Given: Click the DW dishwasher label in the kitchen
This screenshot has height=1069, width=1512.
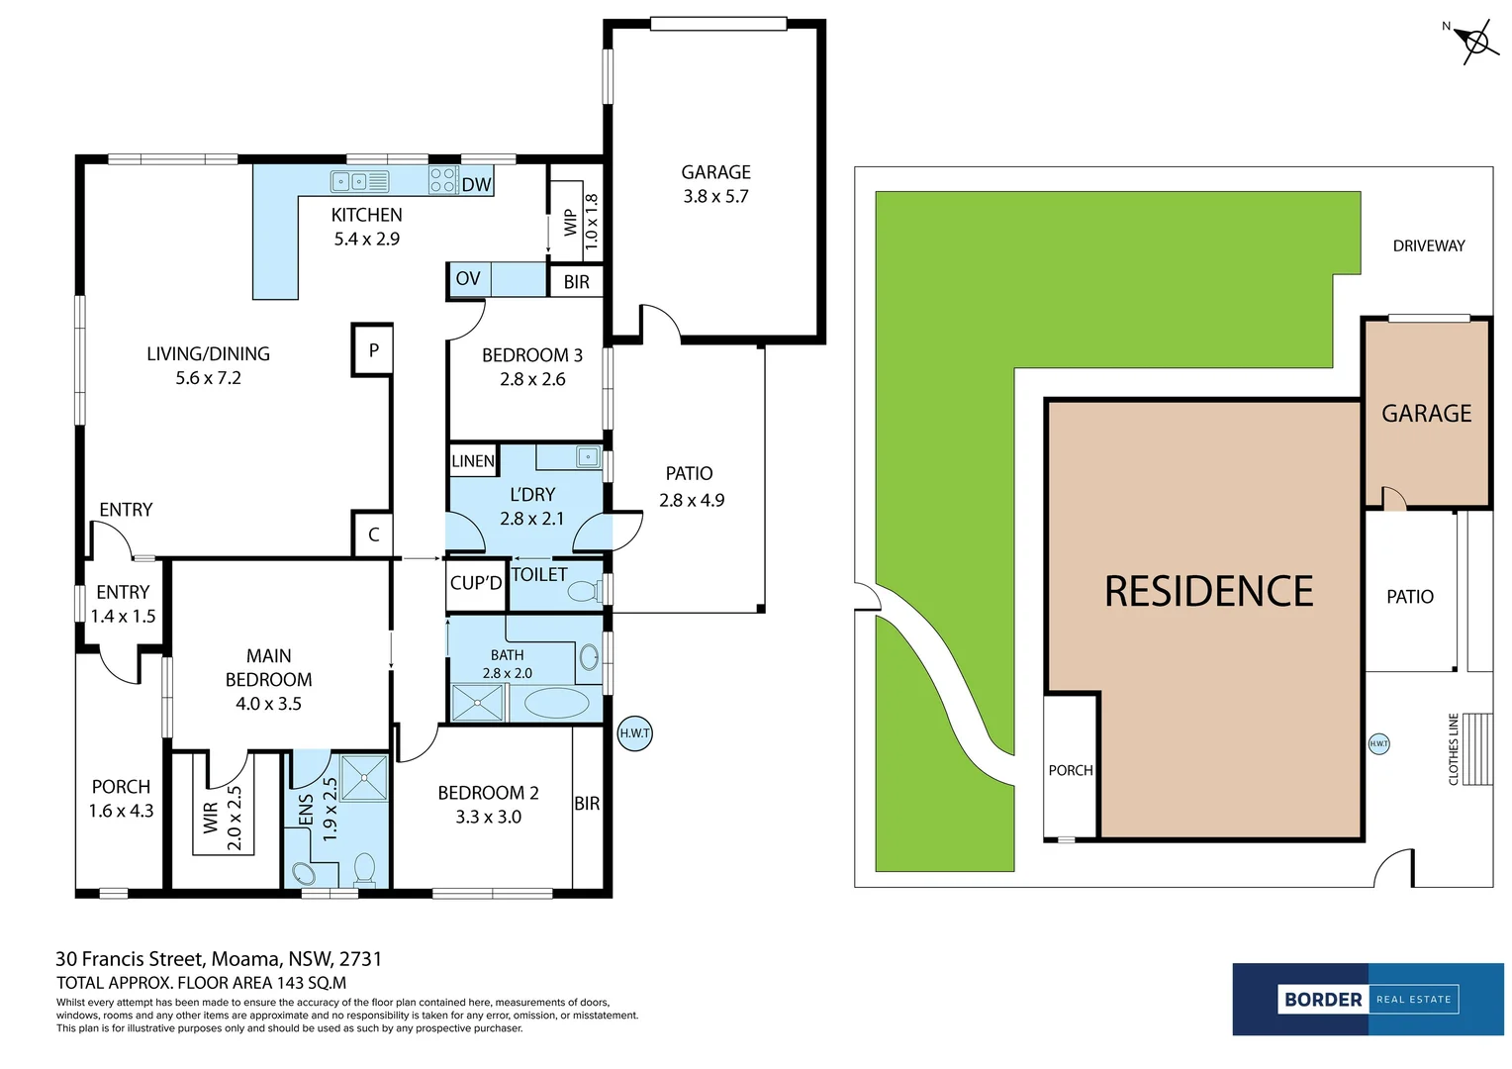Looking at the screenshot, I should click(476, 184).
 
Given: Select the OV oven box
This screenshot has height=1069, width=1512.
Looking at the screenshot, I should click(468, 279).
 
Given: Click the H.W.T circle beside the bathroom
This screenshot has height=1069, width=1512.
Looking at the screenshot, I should click(634, 733).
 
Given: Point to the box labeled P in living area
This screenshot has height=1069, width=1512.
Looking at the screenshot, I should click(373, 349).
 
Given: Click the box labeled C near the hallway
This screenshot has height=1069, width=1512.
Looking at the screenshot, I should click(373, 534).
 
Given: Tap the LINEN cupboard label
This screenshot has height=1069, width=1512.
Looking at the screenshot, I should click(473, 461).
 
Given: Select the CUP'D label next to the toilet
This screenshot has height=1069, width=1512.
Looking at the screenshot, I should click(476, 583).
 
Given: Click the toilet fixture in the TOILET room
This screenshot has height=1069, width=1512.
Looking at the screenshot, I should click(585, 591).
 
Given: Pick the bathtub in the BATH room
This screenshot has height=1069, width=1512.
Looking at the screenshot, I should click(556, 704).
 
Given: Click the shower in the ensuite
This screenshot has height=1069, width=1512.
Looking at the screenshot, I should click(364, 777).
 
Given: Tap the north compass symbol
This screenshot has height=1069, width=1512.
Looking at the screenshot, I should click(1475, 43).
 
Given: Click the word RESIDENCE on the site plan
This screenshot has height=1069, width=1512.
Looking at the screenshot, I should click(1208, 592).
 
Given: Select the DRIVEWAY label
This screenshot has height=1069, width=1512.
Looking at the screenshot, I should click(1428, 245).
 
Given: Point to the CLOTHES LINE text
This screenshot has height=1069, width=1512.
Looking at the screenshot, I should click(1454, 749).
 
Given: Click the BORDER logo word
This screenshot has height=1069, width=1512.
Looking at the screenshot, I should click(1323, 1000).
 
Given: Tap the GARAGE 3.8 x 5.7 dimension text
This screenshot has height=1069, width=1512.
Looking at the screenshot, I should click(715, 196).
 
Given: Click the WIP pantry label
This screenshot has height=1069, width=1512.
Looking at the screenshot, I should click(570, 222).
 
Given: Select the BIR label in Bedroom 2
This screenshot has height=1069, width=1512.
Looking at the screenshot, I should click(587, 804).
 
